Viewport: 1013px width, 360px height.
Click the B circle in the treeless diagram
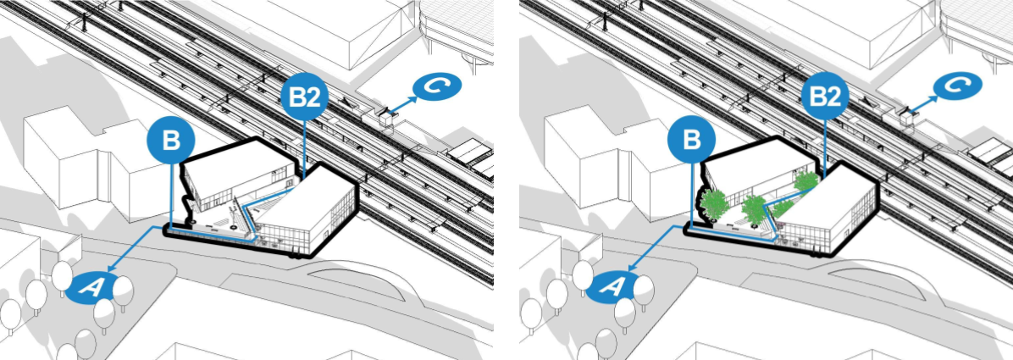click(x=170, y=141)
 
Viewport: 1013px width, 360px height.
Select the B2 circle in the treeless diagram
click(x=305, y=97)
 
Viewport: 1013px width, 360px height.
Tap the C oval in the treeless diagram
click(x=437, y=87)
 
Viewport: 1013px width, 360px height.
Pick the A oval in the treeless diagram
click(x=91, y=288)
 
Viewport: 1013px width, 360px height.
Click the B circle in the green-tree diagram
click(x=691, y=141)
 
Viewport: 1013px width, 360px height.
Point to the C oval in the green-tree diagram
click(x=958, y=87)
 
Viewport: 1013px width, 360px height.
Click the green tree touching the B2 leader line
click(x=805, y=181)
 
